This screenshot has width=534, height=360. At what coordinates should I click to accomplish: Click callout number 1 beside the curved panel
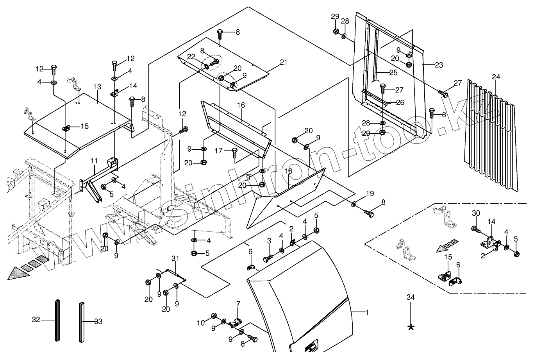click(367, 312)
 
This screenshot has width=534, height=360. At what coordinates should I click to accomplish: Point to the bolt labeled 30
click(475, 229)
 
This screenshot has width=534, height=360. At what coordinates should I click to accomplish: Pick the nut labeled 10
click(214, 316)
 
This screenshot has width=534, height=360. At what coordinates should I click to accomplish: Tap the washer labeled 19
click(354, 204)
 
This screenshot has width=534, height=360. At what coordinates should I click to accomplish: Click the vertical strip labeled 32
click(57, 321)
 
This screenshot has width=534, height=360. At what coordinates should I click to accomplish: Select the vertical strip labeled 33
click(82, 322)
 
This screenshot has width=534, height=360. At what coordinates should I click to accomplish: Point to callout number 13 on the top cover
click(97, 87)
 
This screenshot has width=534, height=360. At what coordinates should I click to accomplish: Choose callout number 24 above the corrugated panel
click(496, 77)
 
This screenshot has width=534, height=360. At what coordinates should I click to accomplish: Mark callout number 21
click(284, 63)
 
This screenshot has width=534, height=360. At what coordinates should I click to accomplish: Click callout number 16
click(241, 105)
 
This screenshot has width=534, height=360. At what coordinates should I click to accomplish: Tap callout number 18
click(288, 171)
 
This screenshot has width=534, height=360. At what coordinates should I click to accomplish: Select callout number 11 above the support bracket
click(94, 161)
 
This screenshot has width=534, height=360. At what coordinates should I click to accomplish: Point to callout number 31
click(175, 258)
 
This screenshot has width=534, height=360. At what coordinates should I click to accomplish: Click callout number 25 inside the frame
click(393, 73)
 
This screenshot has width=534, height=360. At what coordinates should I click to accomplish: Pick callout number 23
click(439, 65)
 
